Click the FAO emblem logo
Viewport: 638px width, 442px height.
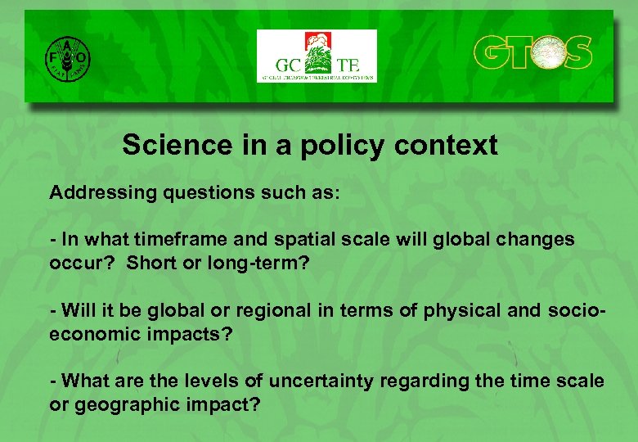tap(67, 56)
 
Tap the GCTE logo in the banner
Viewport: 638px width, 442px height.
tap(317, 56)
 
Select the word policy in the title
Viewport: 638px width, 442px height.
tap(339, 146)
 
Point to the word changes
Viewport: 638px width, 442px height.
tap(535, 240)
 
